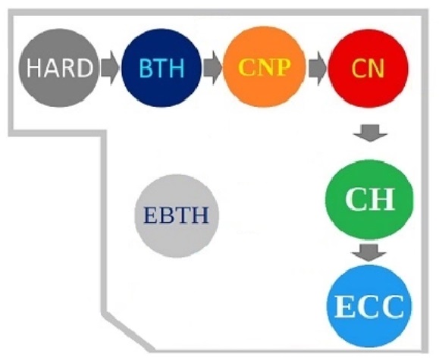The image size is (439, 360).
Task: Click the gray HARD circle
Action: point(59,67)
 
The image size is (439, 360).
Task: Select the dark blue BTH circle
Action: point(161,67)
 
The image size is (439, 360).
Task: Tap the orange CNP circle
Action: point(265,67)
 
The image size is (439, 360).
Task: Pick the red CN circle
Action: point(368,67)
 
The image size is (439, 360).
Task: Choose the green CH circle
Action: point(369,199)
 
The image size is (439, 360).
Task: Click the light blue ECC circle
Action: point(369,306)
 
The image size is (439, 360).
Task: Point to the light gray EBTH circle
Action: point(177,215)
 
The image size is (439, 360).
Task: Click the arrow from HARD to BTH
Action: point(110,67)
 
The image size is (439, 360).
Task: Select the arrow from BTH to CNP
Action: point(212,67)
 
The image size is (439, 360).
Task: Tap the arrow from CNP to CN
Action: point(318,67)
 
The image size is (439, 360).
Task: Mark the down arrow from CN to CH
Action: point(370,133)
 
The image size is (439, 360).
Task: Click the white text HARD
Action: point(59,67)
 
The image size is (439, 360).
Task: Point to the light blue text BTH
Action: point(161,67)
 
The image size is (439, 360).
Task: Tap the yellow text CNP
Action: point(264,67)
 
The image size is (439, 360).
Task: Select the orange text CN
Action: point(368,68)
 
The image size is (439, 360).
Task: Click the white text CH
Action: point(370,199)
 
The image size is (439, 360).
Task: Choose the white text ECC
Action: point(369,306)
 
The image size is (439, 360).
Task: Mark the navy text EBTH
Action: point(176,215)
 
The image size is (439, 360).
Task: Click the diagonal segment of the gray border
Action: point(127,331)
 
